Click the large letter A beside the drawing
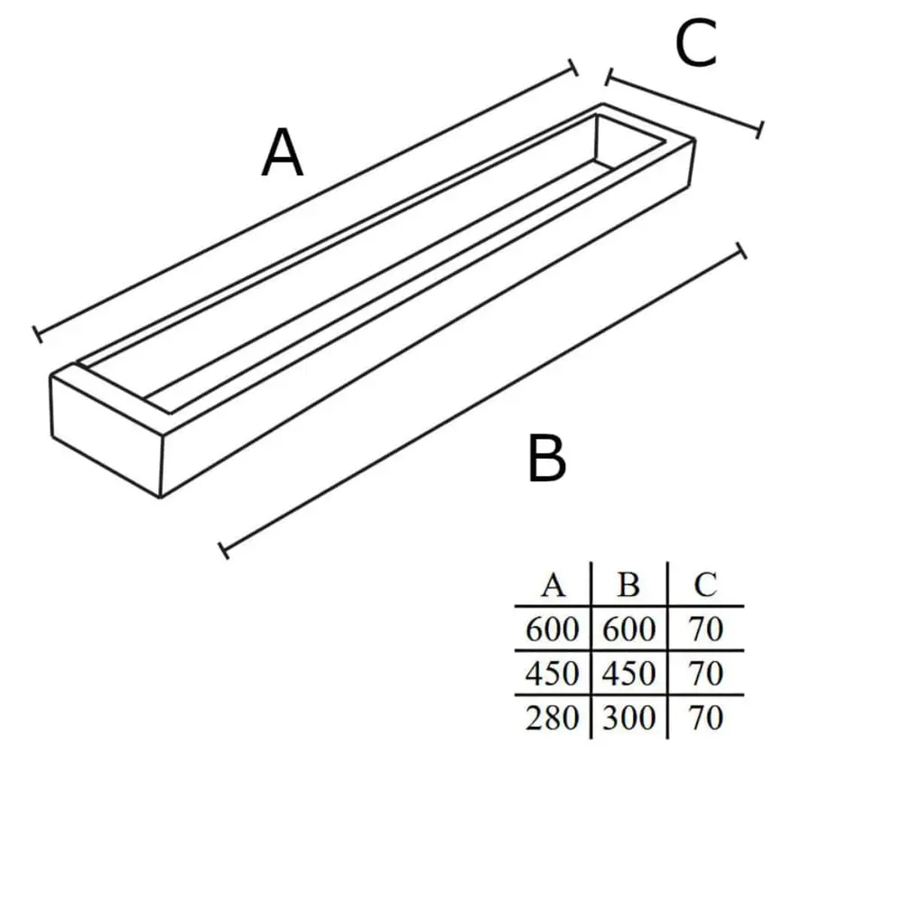(x=282, y=153)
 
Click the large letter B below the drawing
(x=546, y=459)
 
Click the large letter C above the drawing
(x=695, y=42)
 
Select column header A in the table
(x=553, y=585)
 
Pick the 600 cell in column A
(x=552, y=628)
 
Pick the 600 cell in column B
(x=628, y=628)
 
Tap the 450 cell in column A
(x=552, y=674)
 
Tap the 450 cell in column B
(x=628, y=674)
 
